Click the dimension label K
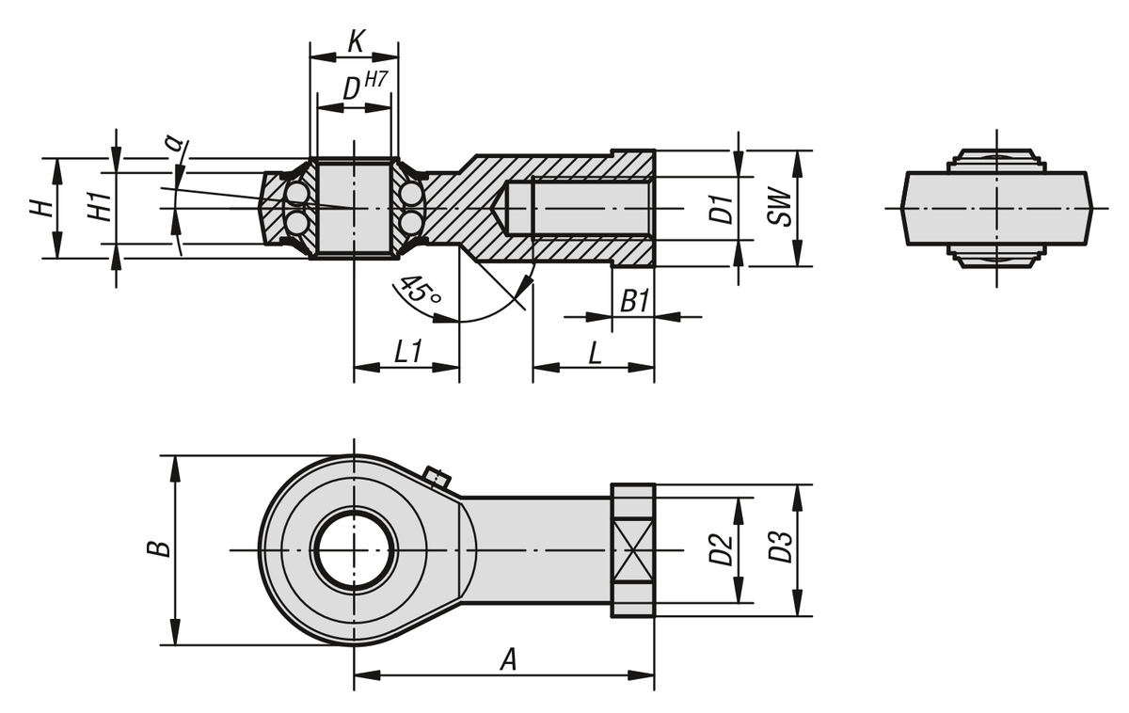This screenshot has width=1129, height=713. tap(356, 42)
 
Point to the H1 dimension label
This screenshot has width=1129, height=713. tap(99, 208)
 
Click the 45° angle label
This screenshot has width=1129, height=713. tap(419, 291)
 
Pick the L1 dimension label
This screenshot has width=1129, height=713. tap(407, 353)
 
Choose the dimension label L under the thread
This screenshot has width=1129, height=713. tap(595, 353)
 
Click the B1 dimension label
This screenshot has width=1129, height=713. tap(635, 301)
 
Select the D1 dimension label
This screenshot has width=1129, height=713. tap(721, 209)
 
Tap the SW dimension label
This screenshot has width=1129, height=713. tap(778, 209)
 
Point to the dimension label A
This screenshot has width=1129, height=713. tap(508, 659)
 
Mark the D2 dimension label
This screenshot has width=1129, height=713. tap(721, 549)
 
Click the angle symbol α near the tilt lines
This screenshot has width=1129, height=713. tap(172, 143)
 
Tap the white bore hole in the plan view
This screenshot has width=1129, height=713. tap(354, 549)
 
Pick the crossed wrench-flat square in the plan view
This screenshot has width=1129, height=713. tap(632, 550)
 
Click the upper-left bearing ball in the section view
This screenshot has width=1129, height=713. tap(298, 194)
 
